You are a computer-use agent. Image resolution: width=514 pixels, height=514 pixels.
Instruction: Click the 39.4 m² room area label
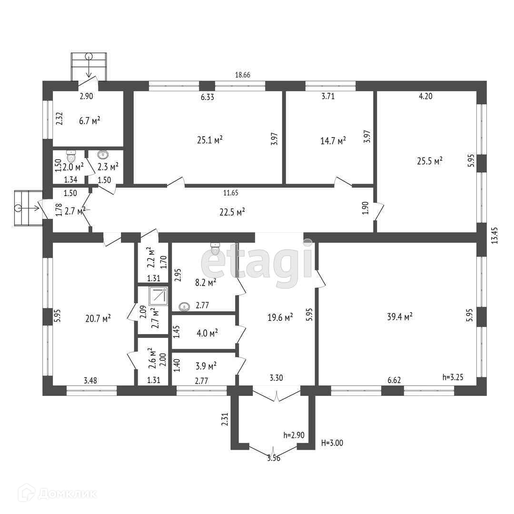tap(400, 316)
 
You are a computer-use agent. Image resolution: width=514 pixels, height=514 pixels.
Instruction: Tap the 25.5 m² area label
tap(430, 161)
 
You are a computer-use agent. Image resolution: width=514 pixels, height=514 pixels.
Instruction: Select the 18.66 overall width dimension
tap(243, 75)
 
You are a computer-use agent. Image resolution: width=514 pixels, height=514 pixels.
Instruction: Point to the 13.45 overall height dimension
tap(494, 236)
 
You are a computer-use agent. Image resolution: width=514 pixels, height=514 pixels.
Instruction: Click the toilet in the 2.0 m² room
tap(71, 156)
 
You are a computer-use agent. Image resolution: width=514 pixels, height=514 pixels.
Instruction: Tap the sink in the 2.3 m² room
tap(104, 154)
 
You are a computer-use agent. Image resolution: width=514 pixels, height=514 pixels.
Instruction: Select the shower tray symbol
tap(158, 297)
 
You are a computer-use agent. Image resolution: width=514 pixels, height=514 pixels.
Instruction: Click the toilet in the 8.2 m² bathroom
tap(215, 249)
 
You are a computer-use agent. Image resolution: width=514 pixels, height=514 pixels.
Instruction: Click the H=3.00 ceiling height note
tap(332, 443)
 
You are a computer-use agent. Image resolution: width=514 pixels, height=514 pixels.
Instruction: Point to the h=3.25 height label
tap(453, 377)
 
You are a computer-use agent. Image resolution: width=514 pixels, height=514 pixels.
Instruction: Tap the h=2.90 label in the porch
tap(294, 435)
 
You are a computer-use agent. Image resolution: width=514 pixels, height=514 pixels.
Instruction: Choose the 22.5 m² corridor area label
tap(232, 212)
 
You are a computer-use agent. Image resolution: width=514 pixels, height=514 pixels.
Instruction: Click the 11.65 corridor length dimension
tap(231, 193)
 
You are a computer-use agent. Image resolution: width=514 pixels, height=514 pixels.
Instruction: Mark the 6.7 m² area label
tap(89, 120)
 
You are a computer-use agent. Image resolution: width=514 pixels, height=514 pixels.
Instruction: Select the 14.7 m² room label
tap(333, 141)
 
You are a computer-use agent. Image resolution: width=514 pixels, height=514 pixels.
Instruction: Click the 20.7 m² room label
tap(98, 318)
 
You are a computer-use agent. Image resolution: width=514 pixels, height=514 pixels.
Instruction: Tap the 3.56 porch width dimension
tap(274, 458)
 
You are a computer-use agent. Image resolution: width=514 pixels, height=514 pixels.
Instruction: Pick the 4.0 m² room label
tap(207, 333)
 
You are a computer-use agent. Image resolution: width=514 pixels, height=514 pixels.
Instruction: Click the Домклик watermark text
tap(67, 494)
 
